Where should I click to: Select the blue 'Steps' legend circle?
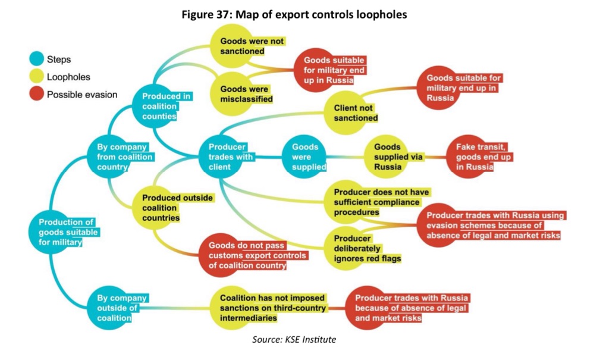[x=37, y=59]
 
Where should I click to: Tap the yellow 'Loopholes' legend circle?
[x=37, y=76]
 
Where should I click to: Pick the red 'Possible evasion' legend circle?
[x=37, y=94]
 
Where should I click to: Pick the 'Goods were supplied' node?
[x=304, y=156]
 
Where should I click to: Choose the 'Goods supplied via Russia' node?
[x=390, y=156]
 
